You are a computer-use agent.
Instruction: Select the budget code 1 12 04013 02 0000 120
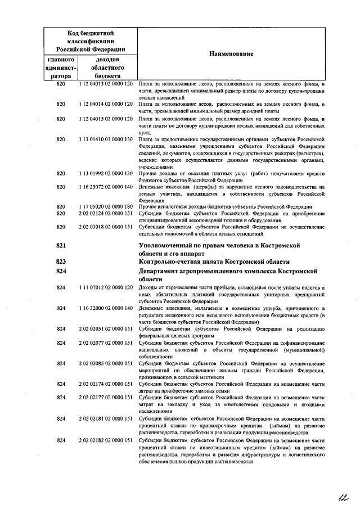[x=106, y=84]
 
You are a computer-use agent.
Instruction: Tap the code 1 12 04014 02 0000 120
[x=106, y=105]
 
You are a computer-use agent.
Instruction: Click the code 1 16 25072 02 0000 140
[x=106, y=187]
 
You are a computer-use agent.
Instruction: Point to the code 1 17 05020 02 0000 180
[x=106, y=208]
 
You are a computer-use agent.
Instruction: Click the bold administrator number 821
[x=62, y=246]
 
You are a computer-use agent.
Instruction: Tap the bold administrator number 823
[x=62, y=262]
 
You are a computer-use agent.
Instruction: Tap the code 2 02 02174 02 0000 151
[x=106, y=384]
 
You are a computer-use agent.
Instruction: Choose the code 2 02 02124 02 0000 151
[x=106, y=214]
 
